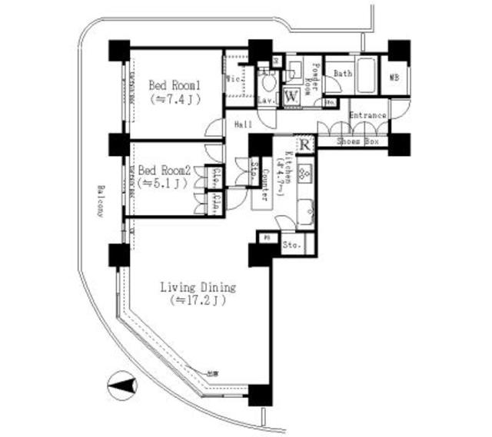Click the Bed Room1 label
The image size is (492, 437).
pos(175,85)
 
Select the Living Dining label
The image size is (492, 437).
pos(198,288)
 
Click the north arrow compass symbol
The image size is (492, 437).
pos(119,385)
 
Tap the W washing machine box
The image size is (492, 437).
pos(292,97)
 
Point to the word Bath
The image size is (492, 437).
pos(343,74)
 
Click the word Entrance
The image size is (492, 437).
pos(367,115)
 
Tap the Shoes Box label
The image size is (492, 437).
pos(360,142)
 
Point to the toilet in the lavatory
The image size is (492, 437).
pos(268,82)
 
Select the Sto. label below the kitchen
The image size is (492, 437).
pos(291,246)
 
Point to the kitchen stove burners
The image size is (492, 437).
pos(304,173)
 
